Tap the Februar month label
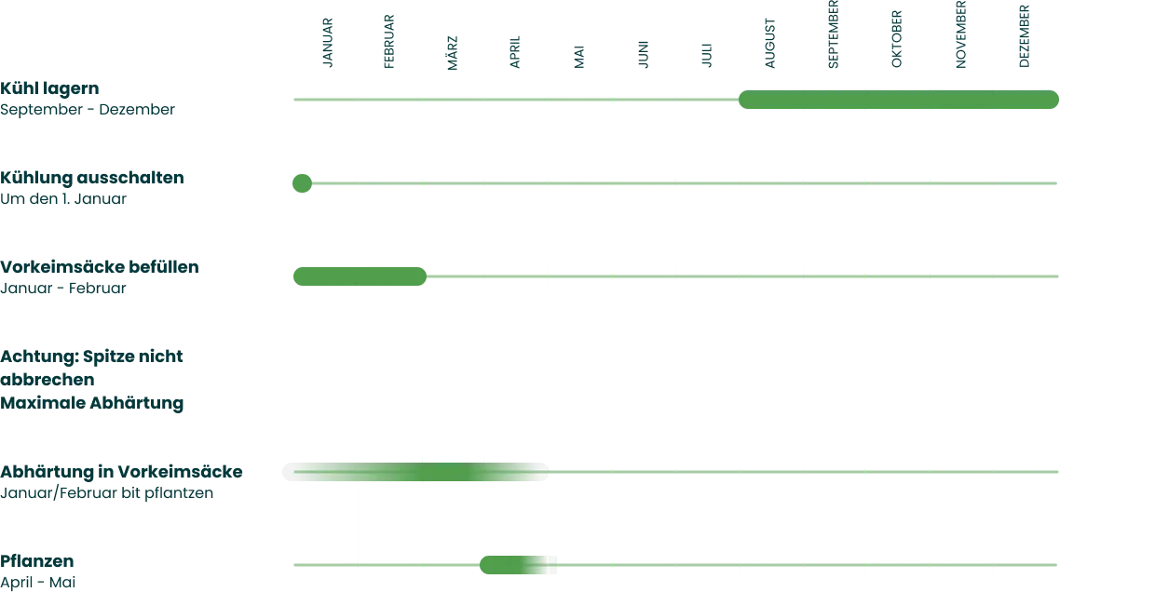pos(389,43)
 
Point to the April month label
pos(514,52)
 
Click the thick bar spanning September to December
pos(900,101)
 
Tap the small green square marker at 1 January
pos(301,182)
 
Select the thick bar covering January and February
pos(358,277)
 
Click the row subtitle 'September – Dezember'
pos(88,111)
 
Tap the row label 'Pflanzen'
pos(38,560)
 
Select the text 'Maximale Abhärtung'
pos(92,403)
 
